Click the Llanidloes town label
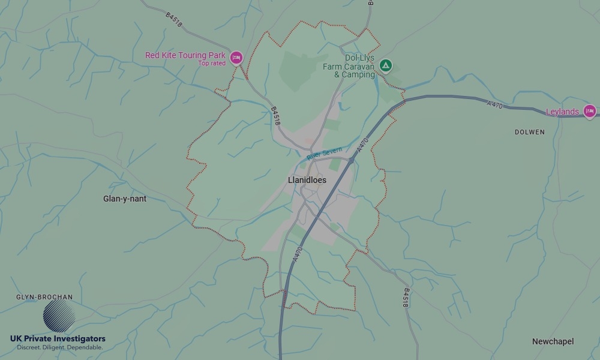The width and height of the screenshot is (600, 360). pyautogui.click(x=307, y=180)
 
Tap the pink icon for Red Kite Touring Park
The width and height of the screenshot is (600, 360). pyautogui.click(x=236, y=58)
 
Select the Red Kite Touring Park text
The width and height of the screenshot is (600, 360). pyautogui.click(x=185, y=55)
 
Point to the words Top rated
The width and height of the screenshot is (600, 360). pyautogui.click(x=212, y=64)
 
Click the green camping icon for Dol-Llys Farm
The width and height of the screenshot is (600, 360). pyautogui.click(x=386, y=65)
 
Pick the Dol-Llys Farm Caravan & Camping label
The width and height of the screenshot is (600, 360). pyautogui.click(x=349, y=67)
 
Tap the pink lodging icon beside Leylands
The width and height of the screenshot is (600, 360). pyautogui.click(x=589, y=111)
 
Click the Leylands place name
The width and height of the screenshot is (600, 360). pyautogui.click(x=562, y=112)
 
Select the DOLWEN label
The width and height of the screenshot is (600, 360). pyautogui.click(x=530, y=132)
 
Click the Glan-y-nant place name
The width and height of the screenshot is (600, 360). pyautogui.click(x=125, y=199)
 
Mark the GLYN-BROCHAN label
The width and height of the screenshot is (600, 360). pyautogui.click(x=44, y=297)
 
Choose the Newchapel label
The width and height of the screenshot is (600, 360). pyautogui.click(x=553, y=341)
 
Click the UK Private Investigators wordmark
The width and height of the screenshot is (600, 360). pyautogui.click(x=58, y=339)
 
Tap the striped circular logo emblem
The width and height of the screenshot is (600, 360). pyautogui.click(x=59, y=316)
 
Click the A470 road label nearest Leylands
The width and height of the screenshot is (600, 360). pyautogui.click(x=495, y=105)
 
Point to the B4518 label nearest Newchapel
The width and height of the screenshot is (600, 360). pyautogui.click(x=406, y=298)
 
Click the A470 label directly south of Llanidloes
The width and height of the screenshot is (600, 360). pyautogui.click(x=298, y=254)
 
